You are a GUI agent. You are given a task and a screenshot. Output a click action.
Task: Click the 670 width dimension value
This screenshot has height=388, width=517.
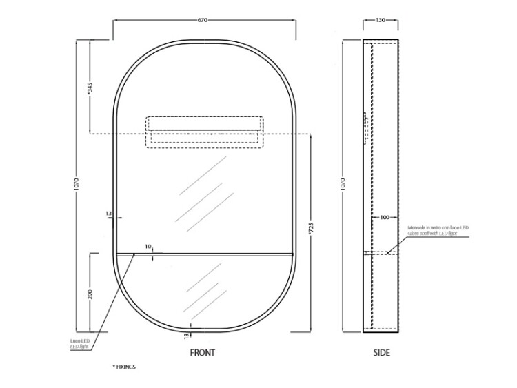[203, 20]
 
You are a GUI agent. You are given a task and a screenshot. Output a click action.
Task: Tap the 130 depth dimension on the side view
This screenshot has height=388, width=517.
[380, 20]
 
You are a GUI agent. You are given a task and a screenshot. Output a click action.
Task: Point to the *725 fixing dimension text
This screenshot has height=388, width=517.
[311, 229]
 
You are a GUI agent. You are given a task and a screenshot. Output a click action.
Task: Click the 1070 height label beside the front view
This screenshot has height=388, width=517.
[77, 185]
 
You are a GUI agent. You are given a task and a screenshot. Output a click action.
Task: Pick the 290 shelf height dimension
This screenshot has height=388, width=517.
[90, 294]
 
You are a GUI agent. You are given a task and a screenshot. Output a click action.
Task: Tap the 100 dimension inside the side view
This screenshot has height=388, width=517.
[385, 217]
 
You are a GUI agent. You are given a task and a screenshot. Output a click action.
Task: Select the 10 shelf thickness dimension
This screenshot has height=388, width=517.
[148, 246]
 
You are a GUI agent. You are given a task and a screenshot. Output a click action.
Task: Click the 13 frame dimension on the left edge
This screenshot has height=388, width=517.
[109, 214]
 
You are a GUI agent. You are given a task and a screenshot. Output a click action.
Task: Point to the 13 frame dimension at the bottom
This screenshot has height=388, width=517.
[186, 336]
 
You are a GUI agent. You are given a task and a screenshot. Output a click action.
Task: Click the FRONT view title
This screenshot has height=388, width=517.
[203, 352]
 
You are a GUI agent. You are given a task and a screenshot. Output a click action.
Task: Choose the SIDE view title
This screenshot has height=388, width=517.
[381, 352]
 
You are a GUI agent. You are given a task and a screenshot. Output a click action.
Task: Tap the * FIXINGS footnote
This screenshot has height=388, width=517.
[124, 367]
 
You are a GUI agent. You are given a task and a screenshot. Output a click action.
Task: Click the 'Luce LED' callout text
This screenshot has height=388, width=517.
[79, 341]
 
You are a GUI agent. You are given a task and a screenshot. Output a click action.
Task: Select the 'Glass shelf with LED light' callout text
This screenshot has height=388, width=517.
[432, 234]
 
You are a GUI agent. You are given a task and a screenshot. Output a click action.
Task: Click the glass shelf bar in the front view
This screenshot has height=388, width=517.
[205, 254]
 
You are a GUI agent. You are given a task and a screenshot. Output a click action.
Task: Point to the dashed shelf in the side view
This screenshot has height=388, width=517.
[381, 253]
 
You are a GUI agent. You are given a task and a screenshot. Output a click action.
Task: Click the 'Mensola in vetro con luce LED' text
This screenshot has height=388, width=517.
[438, 228]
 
